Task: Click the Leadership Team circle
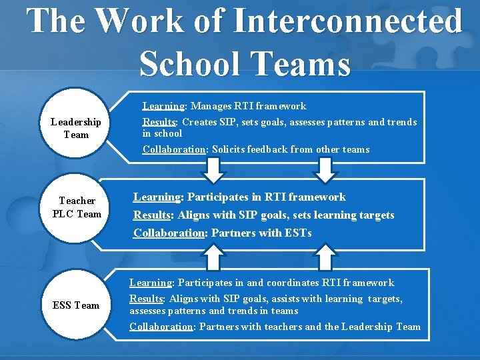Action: pyautogui.click(x=75, y=128)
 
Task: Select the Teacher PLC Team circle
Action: pyautogui.click(x=77, y=207)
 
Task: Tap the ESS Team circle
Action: pyautogui.click(x=76, y=305)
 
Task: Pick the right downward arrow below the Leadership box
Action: pyautogui.click(x=325, y=171)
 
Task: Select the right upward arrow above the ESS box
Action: pyautogui.click(x=325, y=257)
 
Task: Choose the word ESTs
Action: pyautogui.click(x=297, y=233)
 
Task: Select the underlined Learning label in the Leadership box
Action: pyautogui.click(x=164, y=106)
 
